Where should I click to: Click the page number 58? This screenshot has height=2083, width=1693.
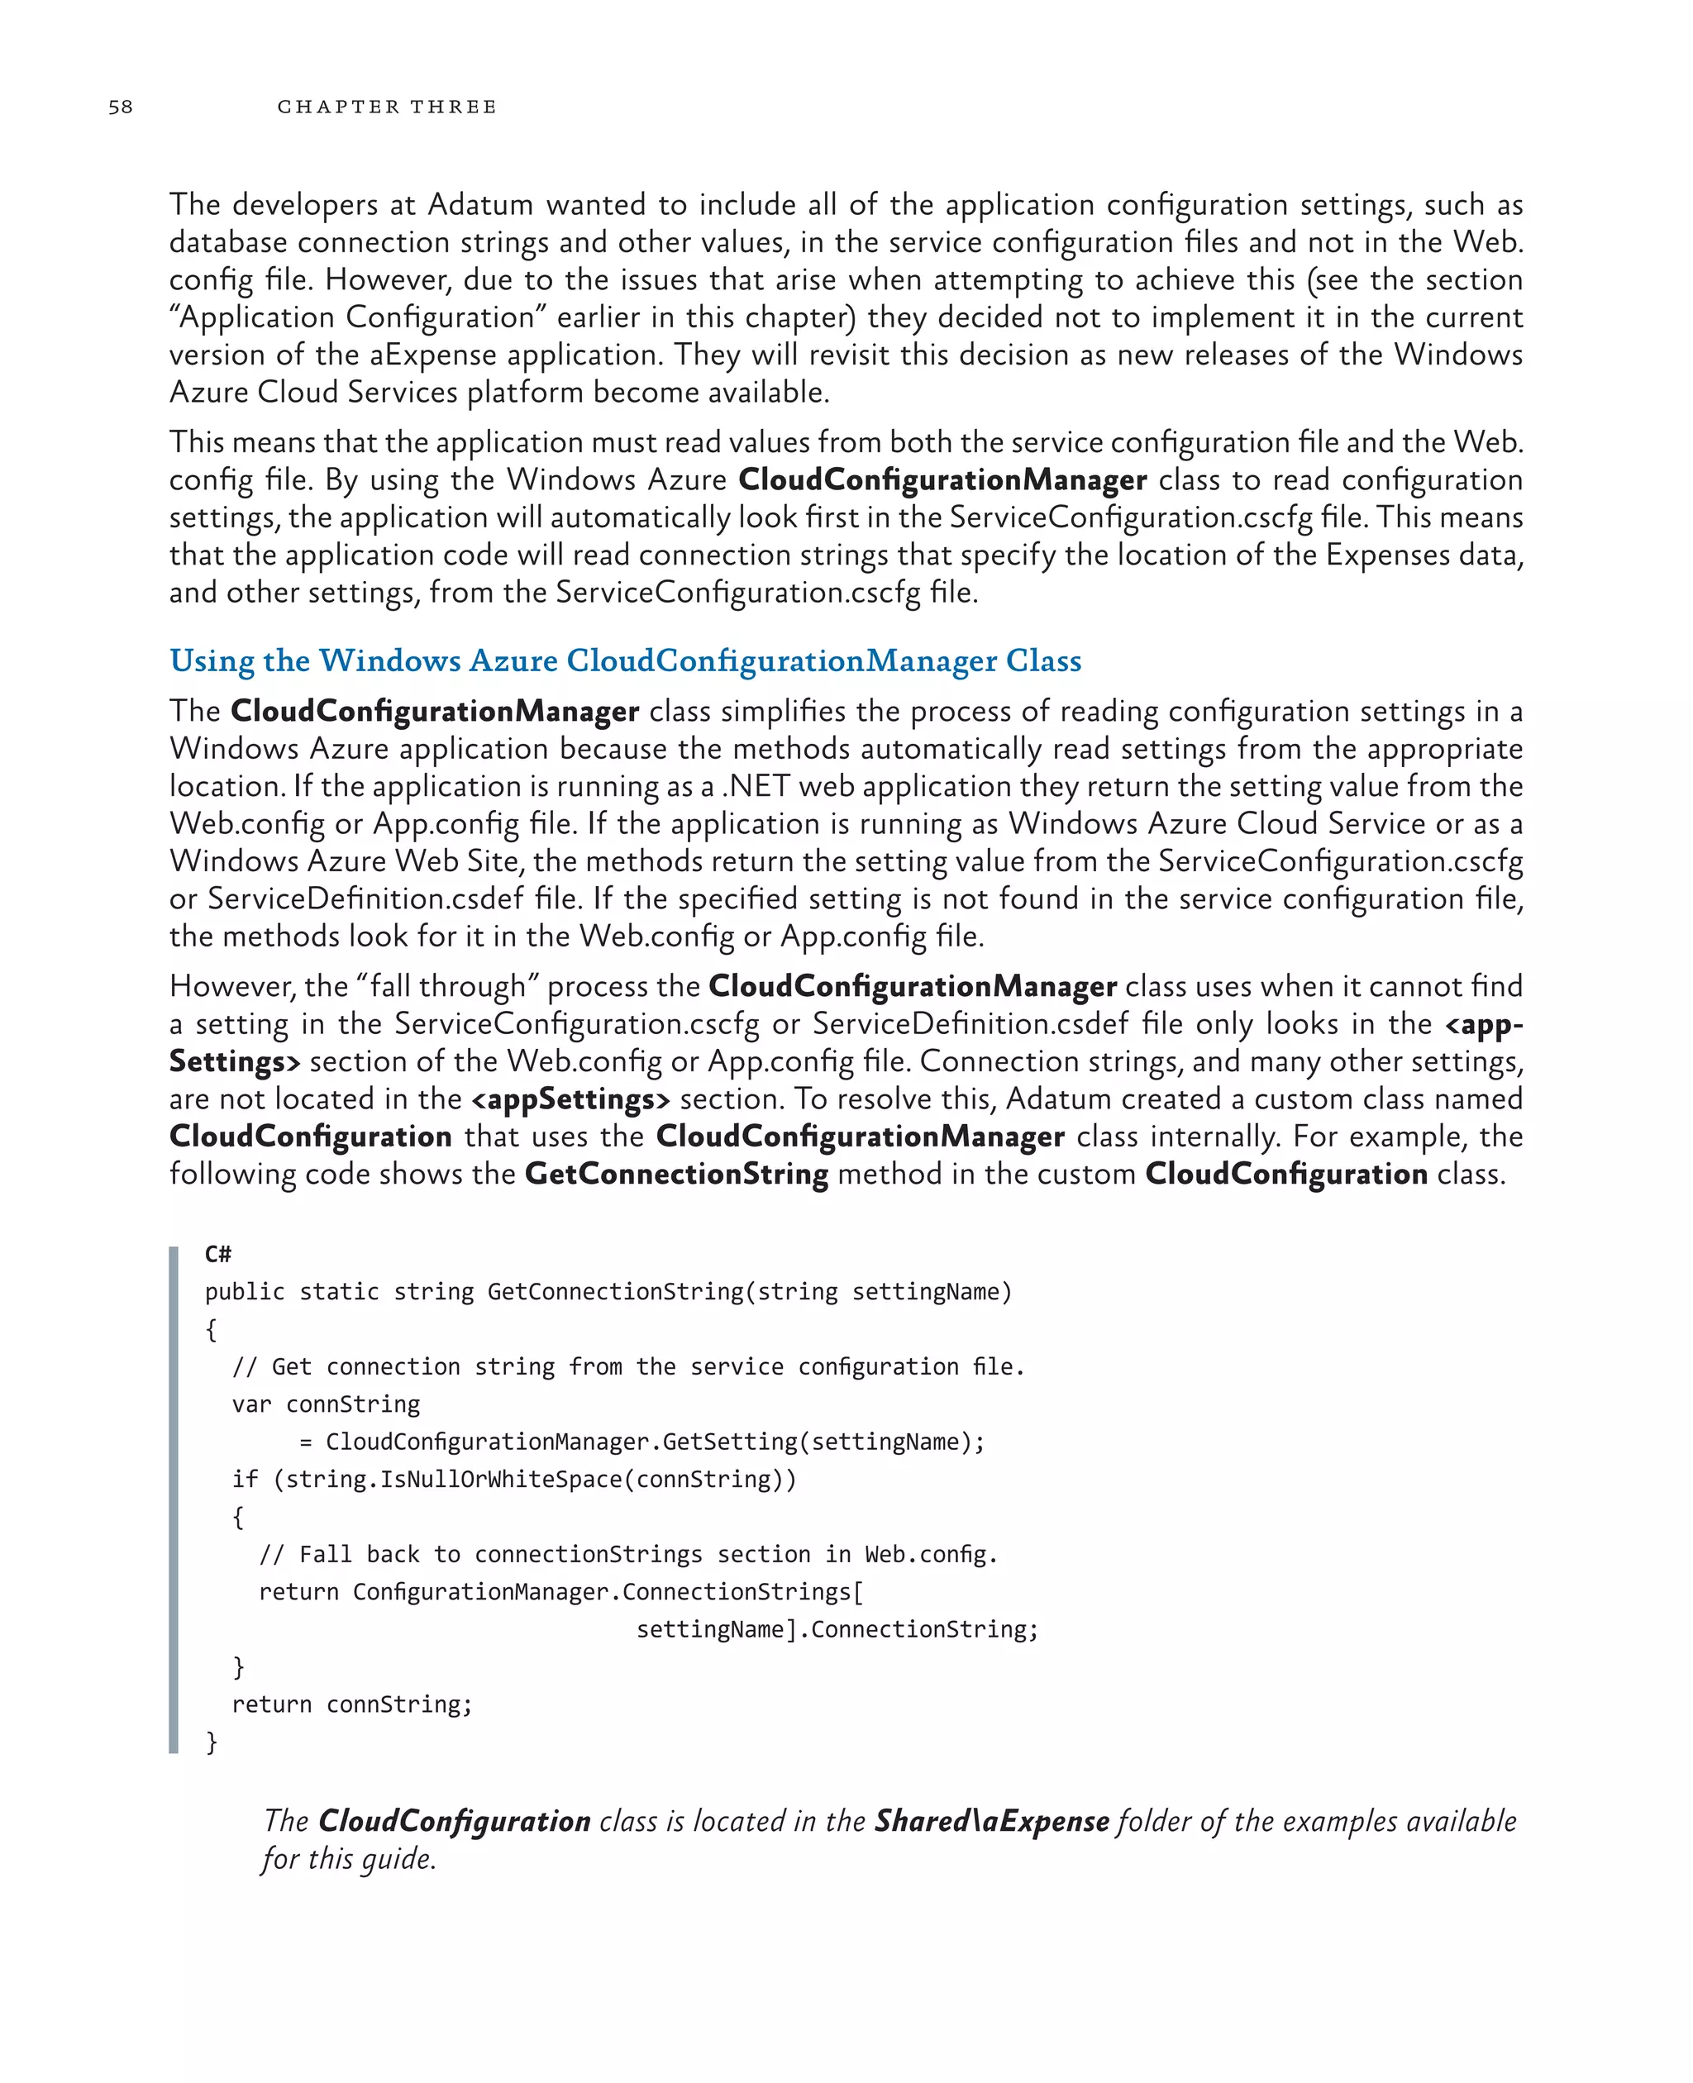point(120,107)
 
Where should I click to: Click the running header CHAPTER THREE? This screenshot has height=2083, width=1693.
point(387,107)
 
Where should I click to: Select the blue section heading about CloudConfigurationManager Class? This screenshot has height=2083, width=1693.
point(625,661)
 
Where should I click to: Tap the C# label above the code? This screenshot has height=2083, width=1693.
point(217,1254)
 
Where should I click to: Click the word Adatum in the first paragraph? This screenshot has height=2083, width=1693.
point(479,205)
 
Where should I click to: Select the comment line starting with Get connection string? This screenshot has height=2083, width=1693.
point(628,1367)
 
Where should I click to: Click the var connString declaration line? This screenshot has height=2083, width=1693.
point(326,1404)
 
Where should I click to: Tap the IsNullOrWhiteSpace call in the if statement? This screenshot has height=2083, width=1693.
point(499,1480)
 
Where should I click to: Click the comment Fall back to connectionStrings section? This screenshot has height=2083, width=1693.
point(628,1555)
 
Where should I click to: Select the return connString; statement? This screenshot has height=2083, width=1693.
point(351,1704)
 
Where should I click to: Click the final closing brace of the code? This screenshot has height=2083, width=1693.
point(212,1742)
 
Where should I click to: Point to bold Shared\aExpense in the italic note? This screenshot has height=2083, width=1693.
point(991,1821)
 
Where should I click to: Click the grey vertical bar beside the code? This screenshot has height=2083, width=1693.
point(174,1502)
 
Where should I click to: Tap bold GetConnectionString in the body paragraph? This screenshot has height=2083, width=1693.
point(676,1173)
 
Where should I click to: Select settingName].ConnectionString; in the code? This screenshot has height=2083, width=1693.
point(837,1629)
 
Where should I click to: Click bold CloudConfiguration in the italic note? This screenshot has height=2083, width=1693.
point(455,1821)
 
